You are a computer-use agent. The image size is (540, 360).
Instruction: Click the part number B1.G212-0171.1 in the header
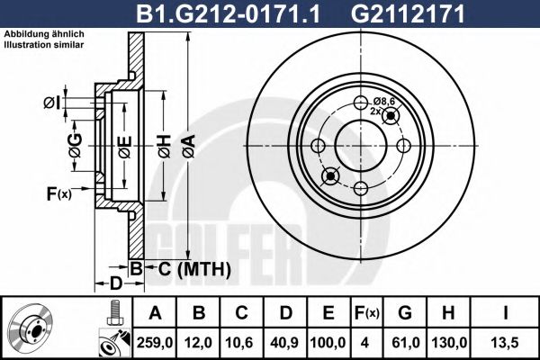229,13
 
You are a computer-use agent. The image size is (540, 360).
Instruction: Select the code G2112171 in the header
408,13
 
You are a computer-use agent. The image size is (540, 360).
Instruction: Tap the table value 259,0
155,343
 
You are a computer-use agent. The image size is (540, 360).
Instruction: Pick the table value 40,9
286,343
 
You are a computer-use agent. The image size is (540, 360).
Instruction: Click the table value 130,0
449,343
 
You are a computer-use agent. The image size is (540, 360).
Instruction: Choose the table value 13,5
505,343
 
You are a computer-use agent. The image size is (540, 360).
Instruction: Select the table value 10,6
242,343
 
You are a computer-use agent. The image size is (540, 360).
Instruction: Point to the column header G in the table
405,313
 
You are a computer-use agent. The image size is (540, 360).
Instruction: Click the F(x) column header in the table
366,313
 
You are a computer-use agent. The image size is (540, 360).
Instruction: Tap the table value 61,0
405,343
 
